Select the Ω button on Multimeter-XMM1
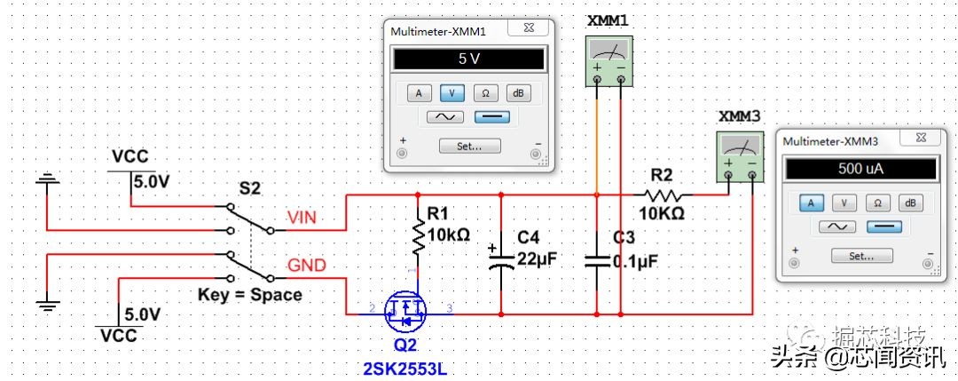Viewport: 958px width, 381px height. click(x=485, y=92)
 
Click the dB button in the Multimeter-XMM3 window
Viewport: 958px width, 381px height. click(x=908, y=203)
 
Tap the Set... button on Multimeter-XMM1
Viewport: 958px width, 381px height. click(x=469, y=146)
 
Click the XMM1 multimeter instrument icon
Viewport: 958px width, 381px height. click(x=609, y=61)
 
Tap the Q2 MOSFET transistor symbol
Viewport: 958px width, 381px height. click(x=405, y=310)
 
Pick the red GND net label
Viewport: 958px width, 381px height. click(x=306, y=265)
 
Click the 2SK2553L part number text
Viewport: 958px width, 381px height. click(x=404, y=367)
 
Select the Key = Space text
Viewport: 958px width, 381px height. click(x=249, y=294)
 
